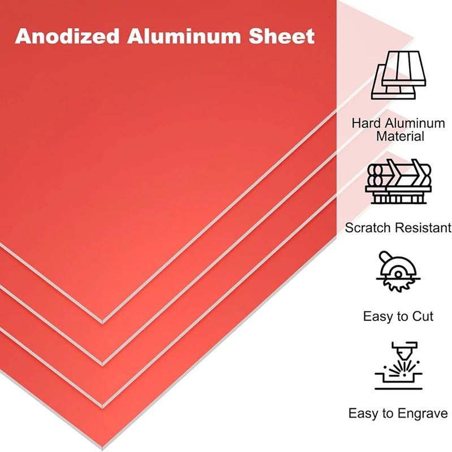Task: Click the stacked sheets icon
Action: pos(398,75)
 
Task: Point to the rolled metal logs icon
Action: pos(399,182)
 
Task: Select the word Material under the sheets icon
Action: pos(400,136)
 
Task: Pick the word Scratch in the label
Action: pos(368,228)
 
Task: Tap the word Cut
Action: pos(421,316)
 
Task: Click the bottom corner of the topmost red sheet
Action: pos(102,323)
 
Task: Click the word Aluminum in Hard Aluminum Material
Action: pos(415,123)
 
